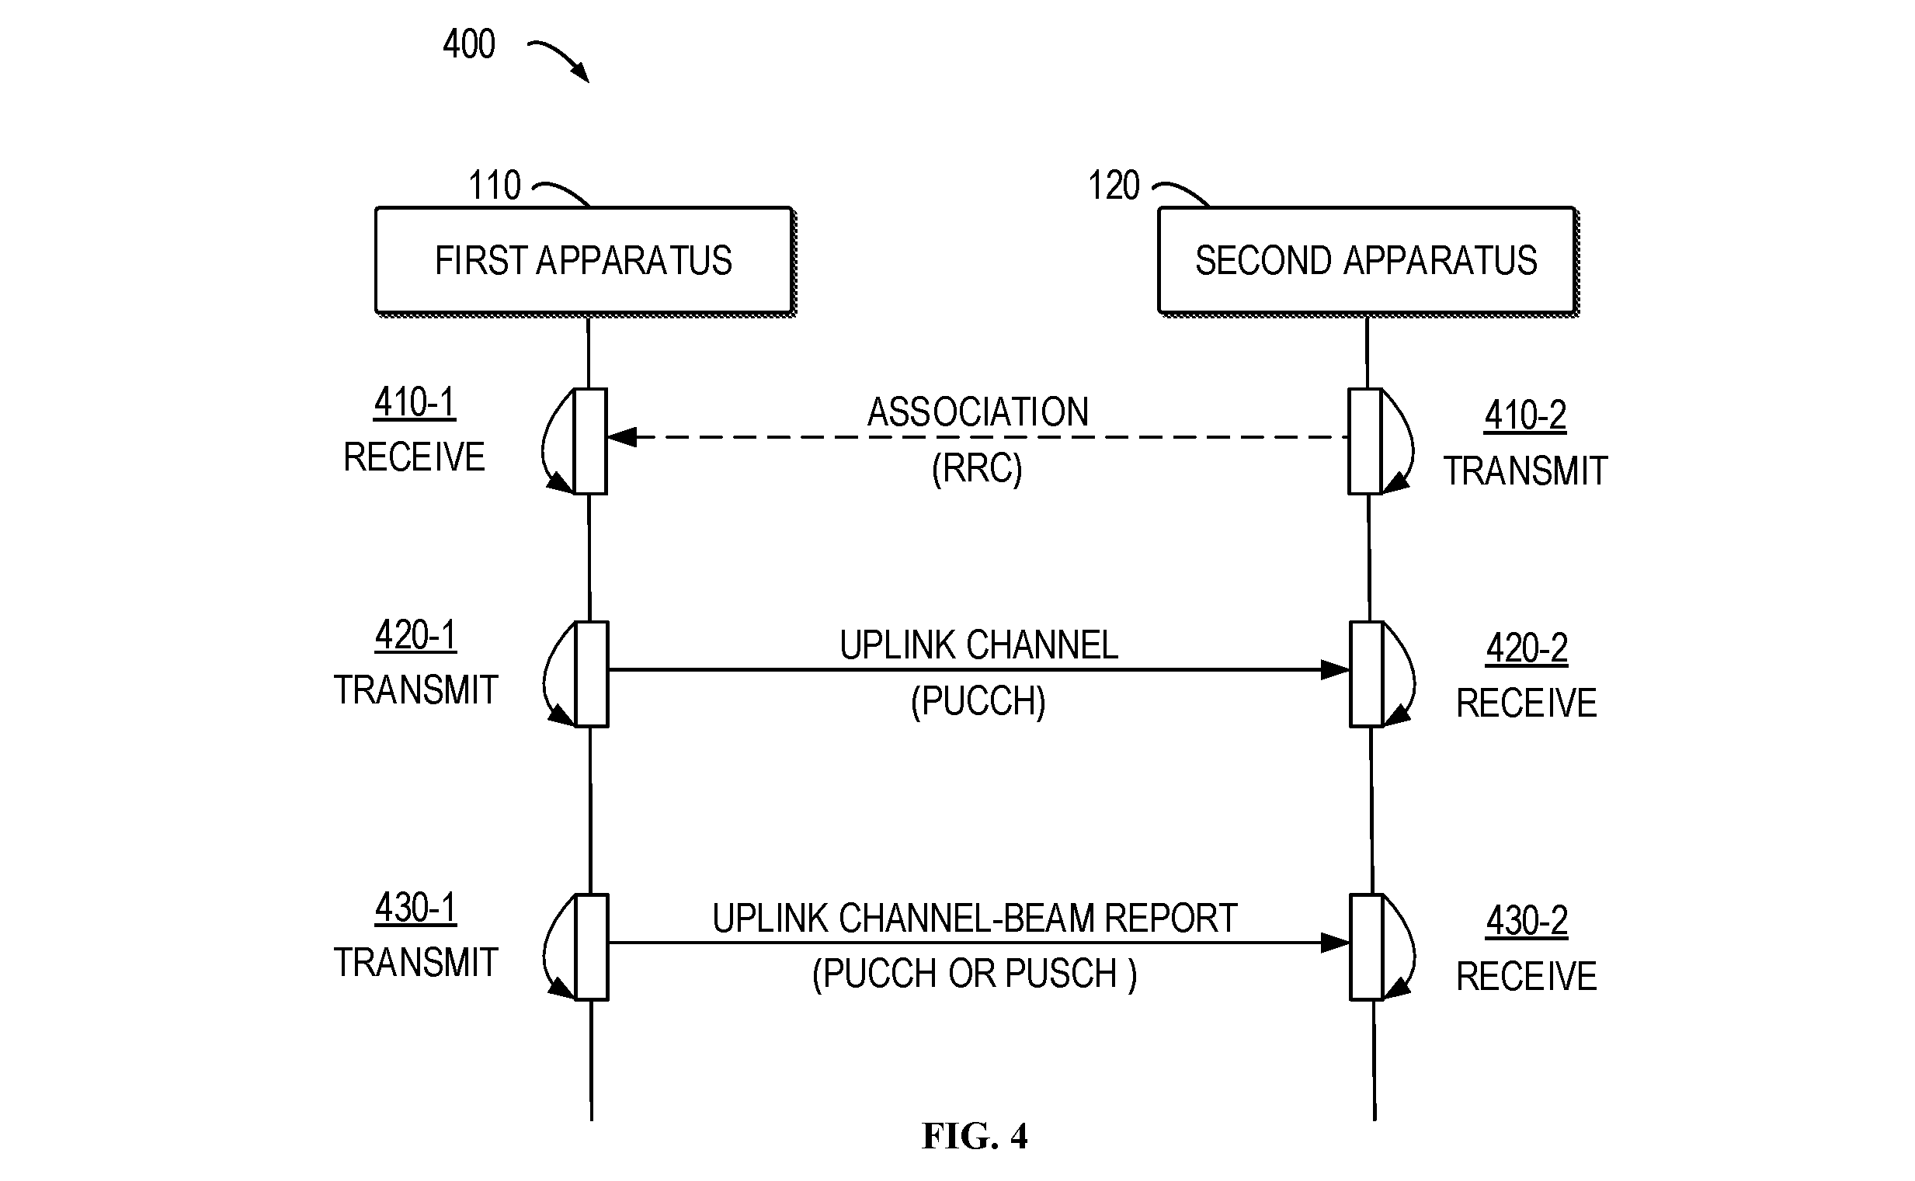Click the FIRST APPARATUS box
pos(584,261)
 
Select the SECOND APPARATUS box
pos(1367,261)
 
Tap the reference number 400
pos(468,43)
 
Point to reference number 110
pos(495,185)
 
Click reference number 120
pos(1114,185)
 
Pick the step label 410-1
pos(415,402)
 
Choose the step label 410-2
pos(1525,415)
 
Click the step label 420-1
pos(415,635)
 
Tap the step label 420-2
pos(1527,648)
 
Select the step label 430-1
pos(415,908)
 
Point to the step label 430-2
pos(1527,921)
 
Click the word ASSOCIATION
pos(978,412)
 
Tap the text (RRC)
pos(977,469)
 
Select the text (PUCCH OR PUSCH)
pos(975,974)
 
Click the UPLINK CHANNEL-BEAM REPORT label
pos(975,919)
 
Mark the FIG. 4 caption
pos(975,1136)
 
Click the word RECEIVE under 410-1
pos(415,457)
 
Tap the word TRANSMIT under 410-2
pos(1525,471)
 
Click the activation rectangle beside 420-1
pos(591,674)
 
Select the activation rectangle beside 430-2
pos(1367,947)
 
